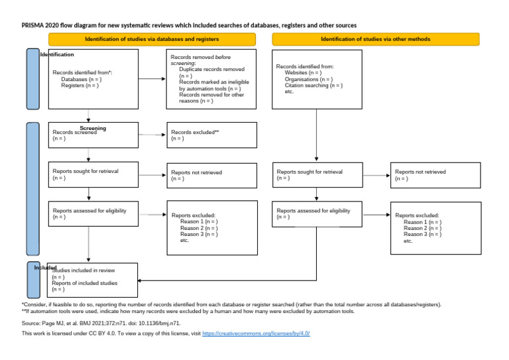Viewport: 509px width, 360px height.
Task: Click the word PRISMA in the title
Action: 33,25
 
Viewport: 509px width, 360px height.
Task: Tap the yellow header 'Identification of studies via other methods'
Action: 375,40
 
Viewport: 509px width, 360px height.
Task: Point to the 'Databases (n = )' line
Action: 80,79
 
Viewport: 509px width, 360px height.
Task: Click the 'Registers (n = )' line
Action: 79,85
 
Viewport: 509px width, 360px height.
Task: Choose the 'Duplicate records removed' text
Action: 211,70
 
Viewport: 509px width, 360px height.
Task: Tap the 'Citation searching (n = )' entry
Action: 313,86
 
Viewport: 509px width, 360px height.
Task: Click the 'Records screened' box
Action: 88,135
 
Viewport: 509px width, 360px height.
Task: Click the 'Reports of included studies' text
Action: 85,283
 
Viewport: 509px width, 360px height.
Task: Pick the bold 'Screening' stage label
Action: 93,128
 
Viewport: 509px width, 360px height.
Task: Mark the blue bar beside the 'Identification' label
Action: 32,79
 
